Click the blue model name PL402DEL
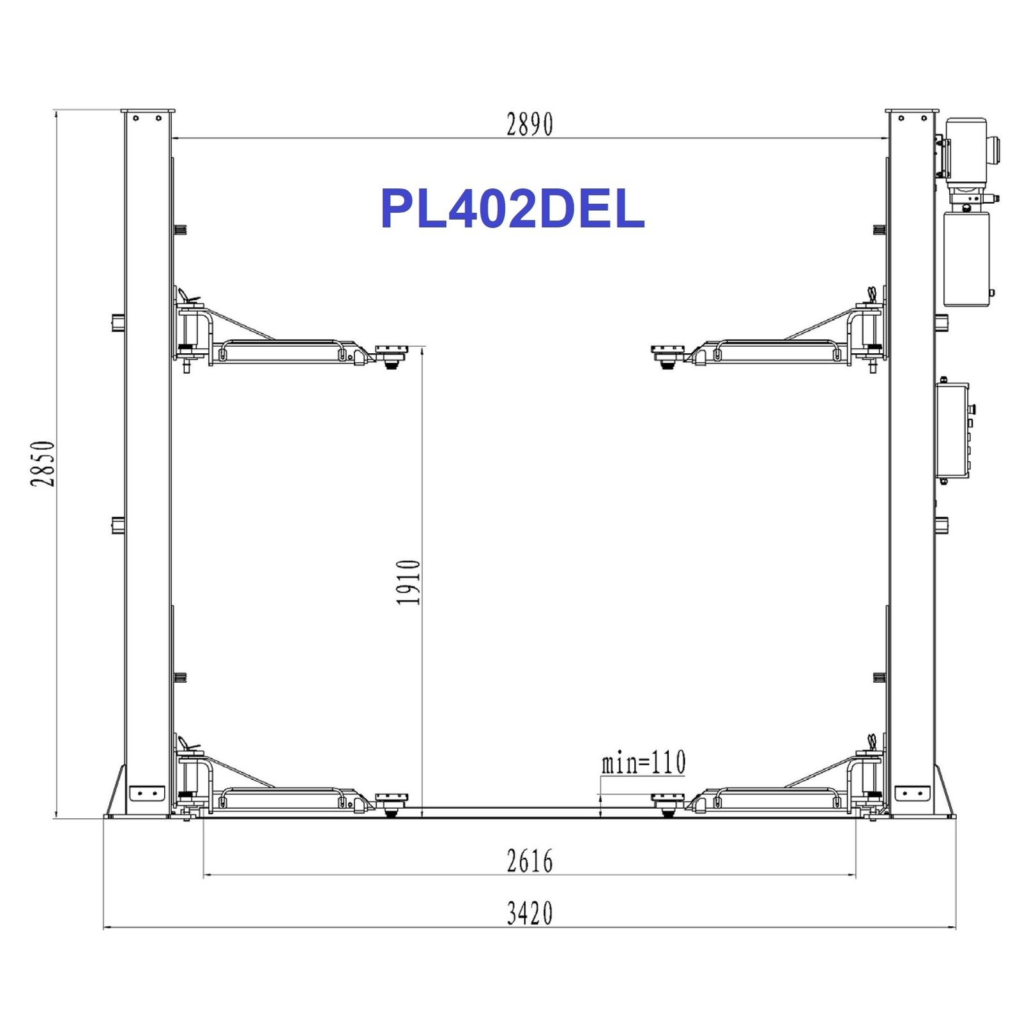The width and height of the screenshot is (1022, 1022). coord(512,209)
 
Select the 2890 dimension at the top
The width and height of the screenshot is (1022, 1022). coord(530,125)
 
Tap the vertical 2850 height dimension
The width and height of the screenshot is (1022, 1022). coord(43,463)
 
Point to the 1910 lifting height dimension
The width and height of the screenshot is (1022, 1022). coord(409,582)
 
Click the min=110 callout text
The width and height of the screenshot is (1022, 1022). coord(643,762)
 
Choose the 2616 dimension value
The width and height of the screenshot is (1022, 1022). coord(530,861)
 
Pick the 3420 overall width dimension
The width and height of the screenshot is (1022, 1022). coord(530,913)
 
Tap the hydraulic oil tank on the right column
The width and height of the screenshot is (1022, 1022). coord(966,259)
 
